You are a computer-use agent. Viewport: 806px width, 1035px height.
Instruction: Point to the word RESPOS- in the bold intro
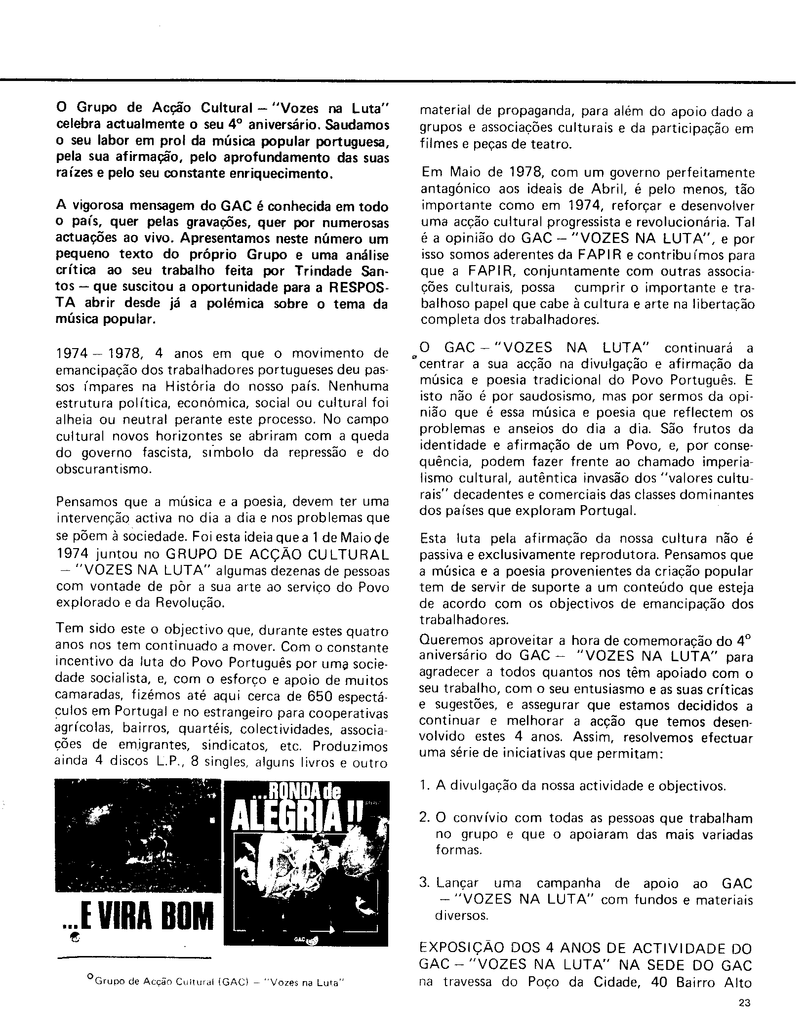tap(360, 288)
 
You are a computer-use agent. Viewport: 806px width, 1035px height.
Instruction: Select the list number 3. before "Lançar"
tap(425, 883)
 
